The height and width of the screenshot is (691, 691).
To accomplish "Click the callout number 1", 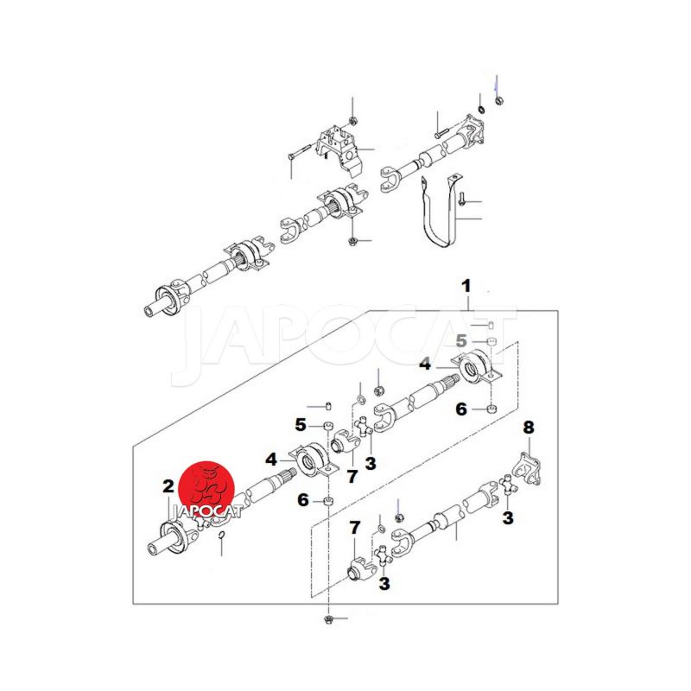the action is (466, 286).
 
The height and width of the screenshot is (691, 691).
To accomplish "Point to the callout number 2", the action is (168, 486).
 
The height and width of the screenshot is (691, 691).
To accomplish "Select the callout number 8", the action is (529, 427).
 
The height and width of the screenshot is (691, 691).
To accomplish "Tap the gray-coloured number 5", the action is (461, 340).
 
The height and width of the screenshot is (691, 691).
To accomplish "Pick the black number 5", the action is (301, 425).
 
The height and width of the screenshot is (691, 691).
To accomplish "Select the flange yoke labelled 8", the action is (528, 469).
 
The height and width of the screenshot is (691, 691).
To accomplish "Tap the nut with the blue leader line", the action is (499, 101).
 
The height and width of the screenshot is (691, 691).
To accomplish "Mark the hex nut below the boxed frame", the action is (328, 619).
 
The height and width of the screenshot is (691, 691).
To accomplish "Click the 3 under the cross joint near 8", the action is (508, 517).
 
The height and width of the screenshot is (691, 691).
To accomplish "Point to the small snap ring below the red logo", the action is (222, 535).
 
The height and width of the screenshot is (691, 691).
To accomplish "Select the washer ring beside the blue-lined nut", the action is (482, 109).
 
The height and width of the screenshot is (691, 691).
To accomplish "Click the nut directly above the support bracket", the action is (352, 120).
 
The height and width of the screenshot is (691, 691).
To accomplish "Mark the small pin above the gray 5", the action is (491, 326).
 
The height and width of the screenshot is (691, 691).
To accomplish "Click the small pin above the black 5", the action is (328, 406).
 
